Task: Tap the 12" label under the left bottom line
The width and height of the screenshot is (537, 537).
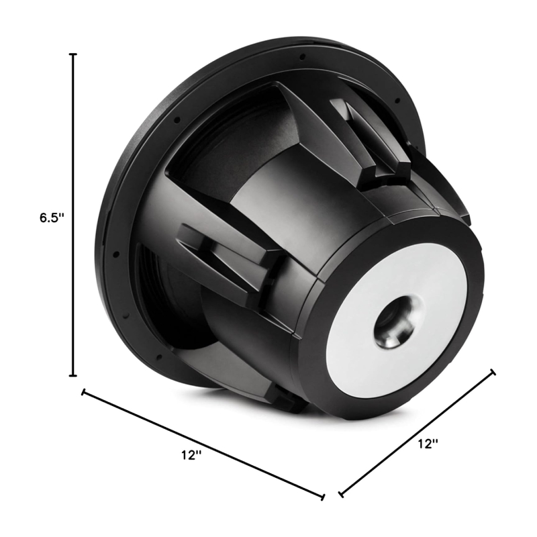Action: click(x=191, y=455)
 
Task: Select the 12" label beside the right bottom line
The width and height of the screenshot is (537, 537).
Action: click(x=428, y=443)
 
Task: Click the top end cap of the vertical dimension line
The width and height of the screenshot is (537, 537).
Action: click(x=73, y=54)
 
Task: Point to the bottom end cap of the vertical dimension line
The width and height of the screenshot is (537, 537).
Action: click(x=73, y=375)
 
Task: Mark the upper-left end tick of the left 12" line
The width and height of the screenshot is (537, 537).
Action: click(x=83, y=391)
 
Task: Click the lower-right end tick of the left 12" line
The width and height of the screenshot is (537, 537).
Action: click(x=323, y=497)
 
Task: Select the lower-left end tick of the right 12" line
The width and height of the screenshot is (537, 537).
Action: click(x=342, y=495)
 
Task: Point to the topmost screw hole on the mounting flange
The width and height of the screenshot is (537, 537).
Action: click(x=303, y=56)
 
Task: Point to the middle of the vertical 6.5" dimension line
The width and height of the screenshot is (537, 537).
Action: click(x=73, y=215)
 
